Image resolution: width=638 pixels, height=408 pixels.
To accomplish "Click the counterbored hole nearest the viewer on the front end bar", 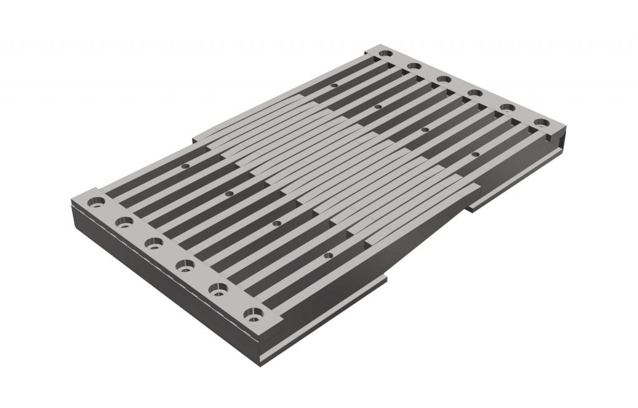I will (x=254, y=313).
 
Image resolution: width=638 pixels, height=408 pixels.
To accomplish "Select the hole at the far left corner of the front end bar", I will (x=97, y=202).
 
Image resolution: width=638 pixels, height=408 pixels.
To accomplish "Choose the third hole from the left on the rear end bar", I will (x=444, y=78).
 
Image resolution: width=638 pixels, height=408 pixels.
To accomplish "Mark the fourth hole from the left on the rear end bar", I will (x=475, y=93).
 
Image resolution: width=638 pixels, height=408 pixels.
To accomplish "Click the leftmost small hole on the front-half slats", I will (x=185, y=167).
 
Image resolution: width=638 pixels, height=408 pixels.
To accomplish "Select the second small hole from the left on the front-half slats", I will (x=229, y=194).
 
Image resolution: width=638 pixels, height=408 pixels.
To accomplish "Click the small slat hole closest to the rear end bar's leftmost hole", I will (x=334, y=85).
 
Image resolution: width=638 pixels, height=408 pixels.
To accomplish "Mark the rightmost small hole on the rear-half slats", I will (x=475, y=153).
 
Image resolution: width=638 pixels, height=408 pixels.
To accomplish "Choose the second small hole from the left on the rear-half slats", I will (x=378, y=107).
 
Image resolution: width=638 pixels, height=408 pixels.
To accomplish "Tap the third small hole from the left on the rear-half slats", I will (x=425, y=130).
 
